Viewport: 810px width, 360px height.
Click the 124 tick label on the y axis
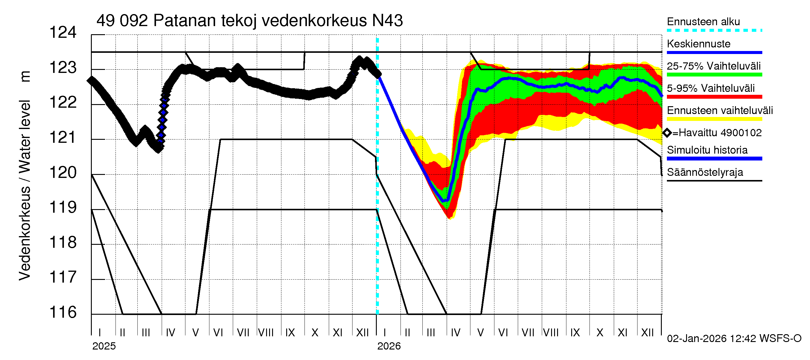(x=63, y=33)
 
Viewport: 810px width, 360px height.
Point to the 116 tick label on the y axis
(x=63, y=313)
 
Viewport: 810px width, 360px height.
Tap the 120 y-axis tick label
(x=63, y=172)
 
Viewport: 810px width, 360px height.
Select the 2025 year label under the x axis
(x=104, y=346)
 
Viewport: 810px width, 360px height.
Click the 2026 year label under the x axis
(x=389, y=346)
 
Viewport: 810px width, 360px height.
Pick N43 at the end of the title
(x=387, y=21)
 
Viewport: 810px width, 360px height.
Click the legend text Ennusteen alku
(x=703, y=22)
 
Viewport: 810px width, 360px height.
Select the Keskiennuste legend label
(x=699, y=44)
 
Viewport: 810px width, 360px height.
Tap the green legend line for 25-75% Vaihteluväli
(x=714, y=75)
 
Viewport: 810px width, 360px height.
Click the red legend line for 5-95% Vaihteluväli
(x=714, y=97)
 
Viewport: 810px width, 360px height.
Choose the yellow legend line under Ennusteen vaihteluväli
(x=714, y=119)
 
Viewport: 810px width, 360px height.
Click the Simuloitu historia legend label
(x=707, y=150)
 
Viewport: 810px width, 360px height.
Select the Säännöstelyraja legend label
(x=705, y=172)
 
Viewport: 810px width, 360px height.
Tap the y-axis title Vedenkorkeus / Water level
(x=25, y=190)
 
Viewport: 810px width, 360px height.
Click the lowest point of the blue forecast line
(x=445, y=201)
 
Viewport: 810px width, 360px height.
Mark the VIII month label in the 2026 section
(x=551, y=333)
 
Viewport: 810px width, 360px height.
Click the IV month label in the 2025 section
(x=170, y=333)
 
